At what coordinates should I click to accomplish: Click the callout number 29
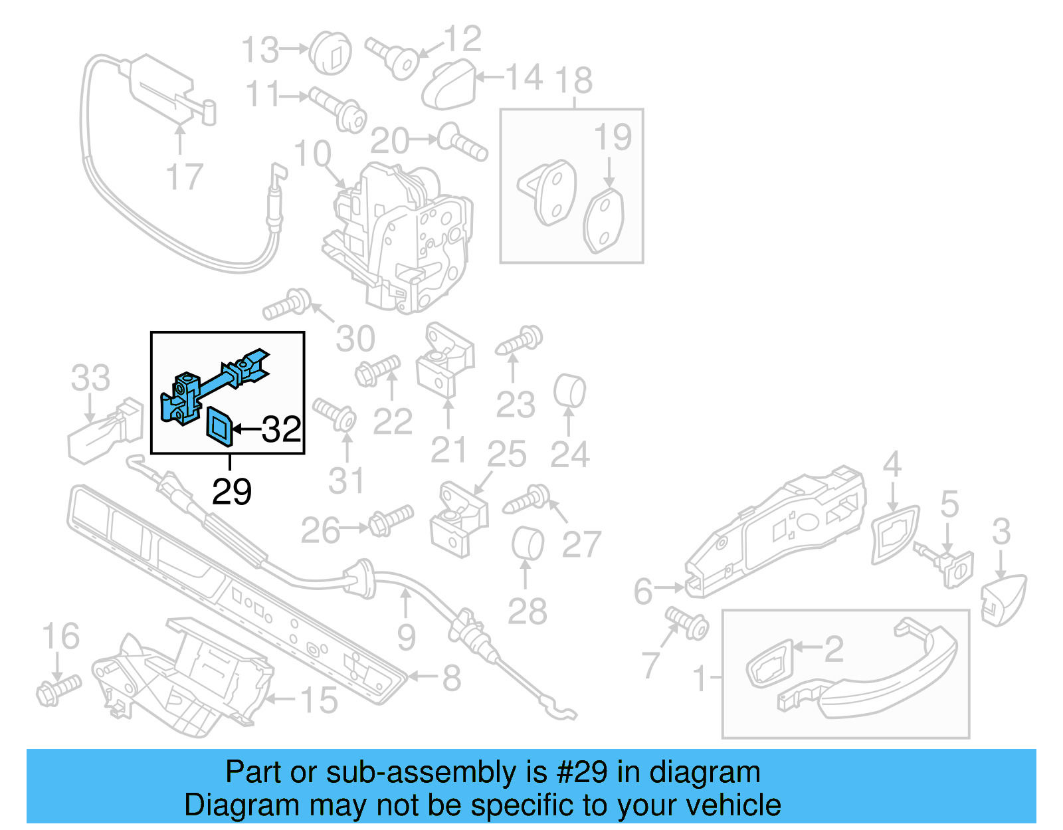pyautogui.click(x=232, y=492)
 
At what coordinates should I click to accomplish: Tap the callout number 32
pyautogui.click(x=282, y=429)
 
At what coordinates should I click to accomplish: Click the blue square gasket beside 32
pyautogui.click(x=219, y=426)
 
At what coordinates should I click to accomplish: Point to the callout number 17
pyautogui.click(x=184, y=177)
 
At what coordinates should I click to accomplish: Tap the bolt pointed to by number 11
pyautogui.click(x=339, y=109)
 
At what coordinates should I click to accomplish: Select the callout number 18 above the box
pyautogui.click(x=574, y=80)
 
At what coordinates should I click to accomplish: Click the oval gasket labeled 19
pyautogui.click(x=603, y=221)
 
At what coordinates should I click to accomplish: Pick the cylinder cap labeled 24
pyautogui.click(x=569, y=391)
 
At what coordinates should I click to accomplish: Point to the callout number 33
pyautogui.click(x=90, y=378)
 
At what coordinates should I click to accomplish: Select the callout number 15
pyautogui.click(x=319, y=700)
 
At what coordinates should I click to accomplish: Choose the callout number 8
pyautogui.click(x=452, y=678)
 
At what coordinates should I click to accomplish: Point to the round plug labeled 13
pyautogui.click(x=331, y=52)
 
